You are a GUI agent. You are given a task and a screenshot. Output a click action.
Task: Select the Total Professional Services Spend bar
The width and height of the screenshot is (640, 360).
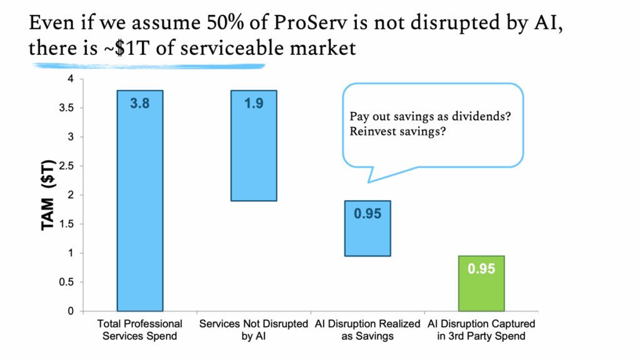coord(140,206)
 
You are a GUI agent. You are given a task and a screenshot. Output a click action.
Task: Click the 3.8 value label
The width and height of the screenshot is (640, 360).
coord(140,104)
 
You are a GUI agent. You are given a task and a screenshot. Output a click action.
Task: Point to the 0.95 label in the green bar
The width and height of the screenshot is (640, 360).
coord(481,269)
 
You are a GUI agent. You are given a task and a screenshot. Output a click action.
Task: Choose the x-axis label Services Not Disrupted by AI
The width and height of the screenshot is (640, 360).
coord(254,330)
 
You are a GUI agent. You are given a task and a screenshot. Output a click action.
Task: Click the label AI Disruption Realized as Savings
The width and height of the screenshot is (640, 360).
coord(367,330)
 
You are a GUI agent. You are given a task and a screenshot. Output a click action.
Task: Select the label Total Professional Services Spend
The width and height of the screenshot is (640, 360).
coord(140,330)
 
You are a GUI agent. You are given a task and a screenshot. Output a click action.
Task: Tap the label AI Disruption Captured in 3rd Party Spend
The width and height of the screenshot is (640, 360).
coord(481,330)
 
